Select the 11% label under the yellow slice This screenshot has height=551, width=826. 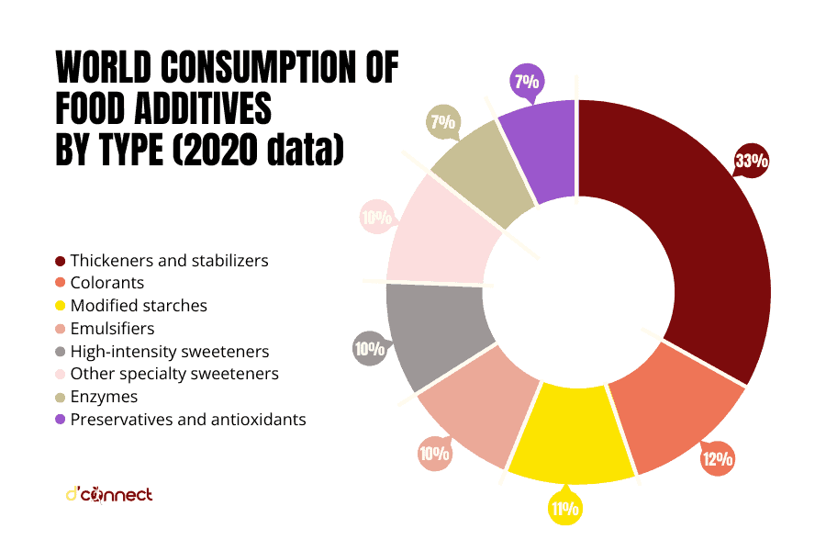tap(564, 508)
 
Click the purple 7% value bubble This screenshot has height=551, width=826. tap(526, 82)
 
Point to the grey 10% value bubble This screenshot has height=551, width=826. tap(370, 349)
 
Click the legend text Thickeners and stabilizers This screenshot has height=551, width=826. tap(169, 261)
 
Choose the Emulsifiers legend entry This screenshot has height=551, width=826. tap(112, 329)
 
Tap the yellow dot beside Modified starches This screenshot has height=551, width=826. tap(60, 307)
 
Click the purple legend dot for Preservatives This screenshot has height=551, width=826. tap(60, 421)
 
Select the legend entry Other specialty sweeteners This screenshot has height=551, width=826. tap(173, 375)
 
